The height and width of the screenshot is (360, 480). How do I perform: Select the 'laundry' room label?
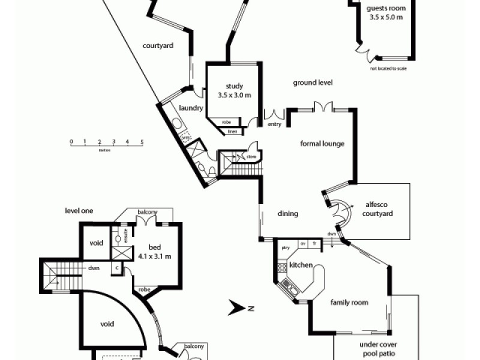(191, 109)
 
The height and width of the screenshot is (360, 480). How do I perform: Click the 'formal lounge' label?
(322, 144)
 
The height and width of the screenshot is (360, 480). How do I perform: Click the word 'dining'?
(288, 214)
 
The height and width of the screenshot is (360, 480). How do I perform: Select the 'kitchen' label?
(300, 265)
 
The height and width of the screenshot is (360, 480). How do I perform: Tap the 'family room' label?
(349, 302)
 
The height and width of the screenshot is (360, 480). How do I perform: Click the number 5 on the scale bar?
(142, 142)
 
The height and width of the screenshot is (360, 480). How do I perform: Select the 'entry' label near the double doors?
(274, 124)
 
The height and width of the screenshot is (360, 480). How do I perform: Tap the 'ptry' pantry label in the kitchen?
(286, 247)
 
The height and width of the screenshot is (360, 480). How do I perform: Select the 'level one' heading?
(79, 211)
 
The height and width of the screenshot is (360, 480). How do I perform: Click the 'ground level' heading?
(312, 83)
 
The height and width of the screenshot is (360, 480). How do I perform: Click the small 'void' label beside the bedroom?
(96, 243)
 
